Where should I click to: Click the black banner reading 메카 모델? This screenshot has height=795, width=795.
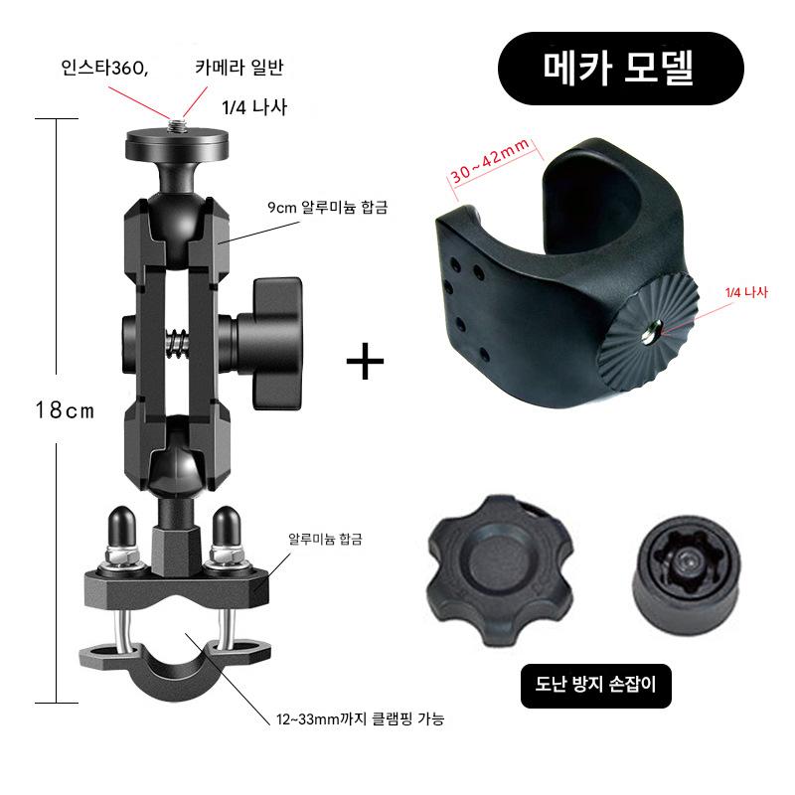pos(620,69)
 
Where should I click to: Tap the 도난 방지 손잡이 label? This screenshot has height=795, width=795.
pos(595,685)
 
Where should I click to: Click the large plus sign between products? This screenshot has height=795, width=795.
pos(365,361)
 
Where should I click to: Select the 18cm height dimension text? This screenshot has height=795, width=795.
pos(65,409)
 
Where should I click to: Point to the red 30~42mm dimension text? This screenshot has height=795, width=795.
pos(490,160)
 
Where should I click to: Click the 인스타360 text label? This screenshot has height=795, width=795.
pos(104,68)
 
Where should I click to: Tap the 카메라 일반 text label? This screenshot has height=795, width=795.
pos(239,68)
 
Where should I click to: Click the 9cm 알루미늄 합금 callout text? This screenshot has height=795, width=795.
pos(328,208)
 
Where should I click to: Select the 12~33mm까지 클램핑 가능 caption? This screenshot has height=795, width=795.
pos(360,718)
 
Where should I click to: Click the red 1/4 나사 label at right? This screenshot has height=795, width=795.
pos(746,292)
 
